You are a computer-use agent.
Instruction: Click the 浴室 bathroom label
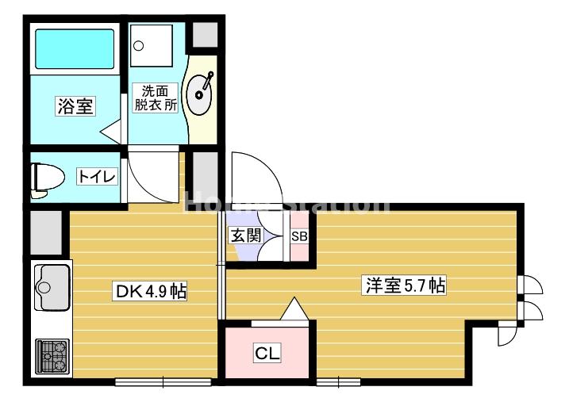coord(75,106)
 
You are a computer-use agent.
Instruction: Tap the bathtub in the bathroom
coord(75,49)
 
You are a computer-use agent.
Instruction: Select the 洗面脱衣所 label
coord(156,98)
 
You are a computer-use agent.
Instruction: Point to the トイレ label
coord(97,176)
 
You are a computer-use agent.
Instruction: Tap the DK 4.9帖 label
coord(151,291)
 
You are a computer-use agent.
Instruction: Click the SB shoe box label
coord(299,236)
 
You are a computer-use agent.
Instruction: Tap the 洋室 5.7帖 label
coord(404,285)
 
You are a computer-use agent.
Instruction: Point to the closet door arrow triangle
coord(294,309)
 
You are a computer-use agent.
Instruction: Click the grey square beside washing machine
coord(205,34)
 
